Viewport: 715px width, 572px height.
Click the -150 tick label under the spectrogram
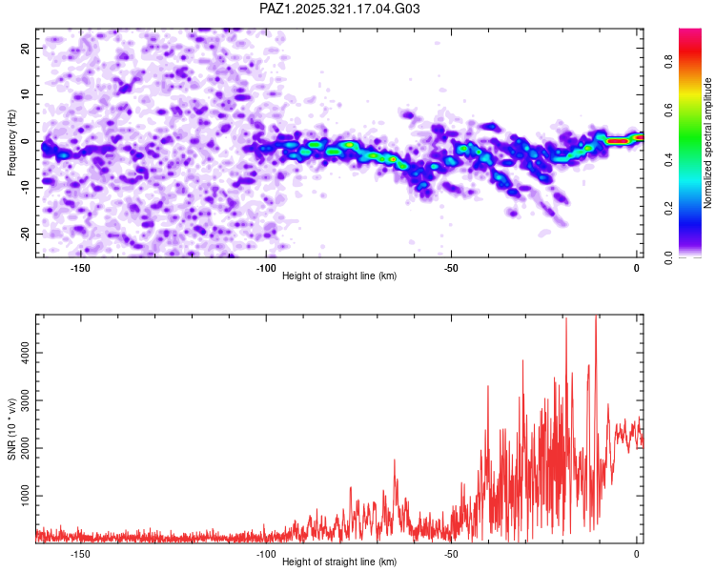tap(80, 268)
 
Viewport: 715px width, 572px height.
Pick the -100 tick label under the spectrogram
tap(266, 268)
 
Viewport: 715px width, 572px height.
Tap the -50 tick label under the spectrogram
tap(452, 268)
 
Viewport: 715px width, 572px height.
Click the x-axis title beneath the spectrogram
tap(339, 276)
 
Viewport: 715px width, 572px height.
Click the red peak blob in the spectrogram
tap(617, 141)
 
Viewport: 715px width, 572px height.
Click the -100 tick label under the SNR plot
tap(266, 554)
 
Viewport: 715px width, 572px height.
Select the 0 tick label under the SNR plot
tap(637, 554)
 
